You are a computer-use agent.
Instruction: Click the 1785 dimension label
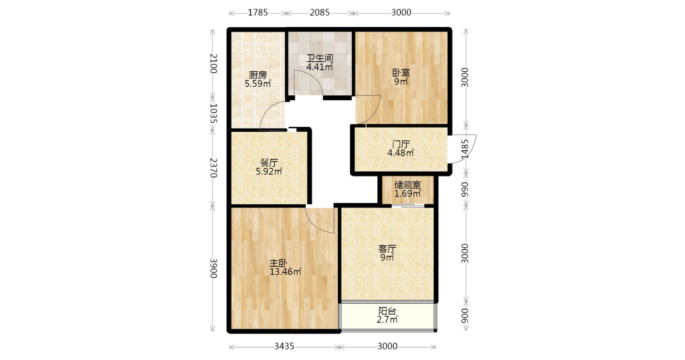coord(257,12)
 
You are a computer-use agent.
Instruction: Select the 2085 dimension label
coord(319,12)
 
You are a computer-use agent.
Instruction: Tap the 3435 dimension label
coord(284,346)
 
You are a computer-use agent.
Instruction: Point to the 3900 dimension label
coord(214,268)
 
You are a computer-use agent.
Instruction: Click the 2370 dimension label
coord(214,168)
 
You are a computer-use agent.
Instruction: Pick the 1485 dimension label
coord(465,149)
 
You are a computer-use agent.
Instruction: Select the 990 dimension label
coord(465,190)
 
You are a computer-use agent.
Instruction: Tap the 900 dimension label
coord(465,315)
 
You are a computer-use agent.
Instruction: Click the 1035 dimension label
coord(214,113)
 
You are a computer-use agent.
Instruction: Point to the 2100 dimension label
coord(214,63)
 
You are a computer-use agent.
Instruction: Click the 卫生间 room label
coord(320,58)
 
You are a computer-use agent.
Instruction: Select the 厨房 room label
coord(258,75)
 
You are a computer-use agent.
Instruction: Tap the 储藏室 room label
coord(407,185)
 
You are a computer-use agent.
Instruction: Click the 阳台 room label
coord(387,311)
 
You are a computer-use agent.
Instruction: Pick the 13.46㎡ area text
coord(285,272)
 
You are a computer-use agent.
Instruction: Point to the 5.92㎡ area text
coord(269,172)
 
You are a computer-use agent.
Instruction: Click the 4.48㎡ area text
coord(401,153)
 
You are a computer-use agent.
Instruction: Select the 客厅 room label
coord(387,248)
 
